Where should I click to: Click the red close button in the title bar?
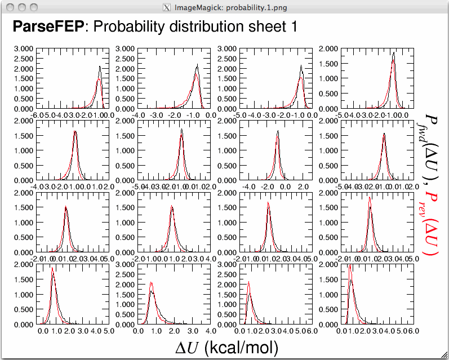pos(11,7)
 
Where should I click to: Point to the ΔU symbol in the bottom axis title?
pos(185,348)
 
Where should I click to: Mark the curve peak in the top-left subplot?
pos(100,66)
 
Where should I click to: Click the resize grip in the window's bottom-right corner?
pos(444,355)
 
